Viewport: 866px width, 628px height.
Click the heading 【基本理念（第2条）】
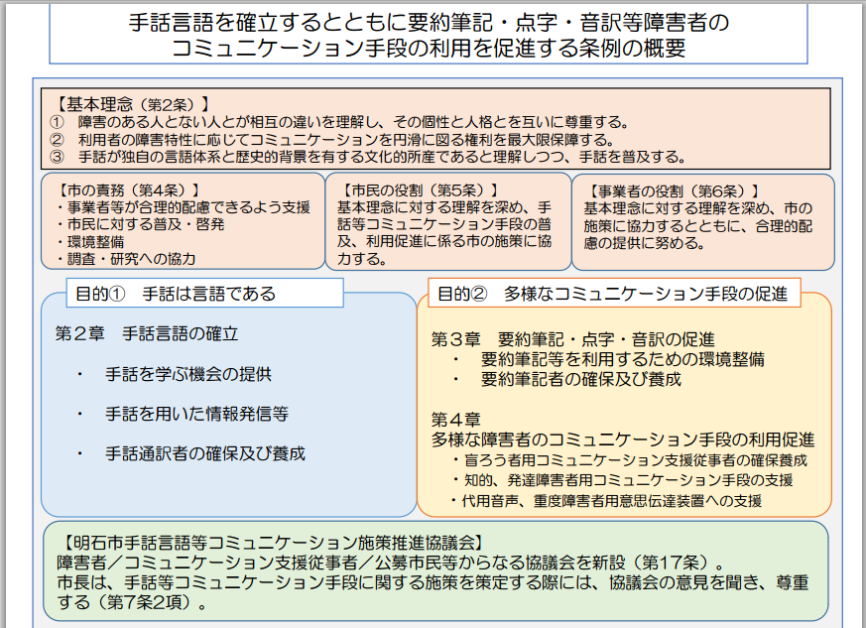point(132,104)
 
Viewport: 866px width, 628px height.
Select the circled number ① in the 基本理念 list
point(57,121)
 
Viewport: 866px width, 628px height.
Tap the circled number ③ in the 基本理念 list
point(57,157)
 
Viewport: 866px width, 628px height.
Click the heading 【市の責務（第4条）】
point(128,190)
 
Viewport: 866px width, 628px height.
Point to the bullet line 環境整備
point(90,242)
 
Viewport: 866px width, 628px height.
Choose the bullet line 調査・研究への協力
point(126,259)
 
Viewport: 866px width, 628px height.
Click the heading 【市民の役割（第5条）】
point(419,190)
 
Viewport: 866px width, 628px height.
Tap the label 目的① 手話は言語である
point(176,294)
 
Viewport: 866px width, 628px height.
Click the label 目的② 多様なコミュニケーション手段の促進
point(612,294)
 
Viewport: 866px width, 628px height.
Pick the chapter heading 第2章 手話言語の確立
point(147,333)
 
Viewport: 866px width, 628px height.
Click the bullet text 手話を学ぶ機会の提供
point(188,374)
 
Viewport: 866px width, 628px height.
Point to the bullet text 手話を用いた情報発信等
point(196,414)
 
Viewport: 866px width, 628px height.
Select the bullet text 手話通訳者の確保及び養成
point(205,453)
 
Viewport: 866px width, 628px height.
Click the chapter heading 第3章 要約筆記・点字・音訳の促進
point(572,339)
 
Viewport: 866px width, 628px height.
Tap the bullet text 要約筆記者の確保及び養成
point(581,379)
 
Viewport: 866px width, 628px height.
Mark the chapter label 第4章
point(455,420)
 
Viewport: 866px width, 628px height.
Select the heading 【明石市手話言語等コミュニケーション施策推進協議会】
point(272,543)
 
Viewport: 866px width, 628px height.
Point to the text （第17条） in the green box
point(670,563)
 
